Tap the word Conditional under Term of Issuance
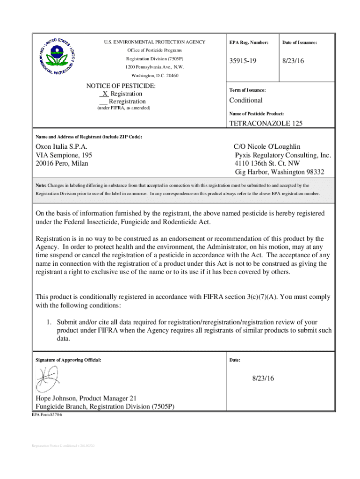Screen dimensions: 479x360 [245, 100]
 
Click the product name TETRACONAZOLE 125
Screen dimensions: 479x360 [266, 124]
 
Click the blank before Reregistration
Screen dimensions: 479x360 [104, 102]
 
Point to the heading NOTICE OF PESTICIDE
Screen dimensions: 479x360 [121, 86]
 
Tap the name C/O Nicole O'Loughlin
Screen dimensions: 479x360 [267, 146]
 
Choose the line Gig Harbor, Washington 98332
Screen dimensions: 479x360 [279, 172]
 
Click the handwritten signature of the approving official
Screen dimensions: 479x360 [47, 378]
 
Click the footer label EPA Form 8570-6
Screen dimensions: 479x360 [47, 414]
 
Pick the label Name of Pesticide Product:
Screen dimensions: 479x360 [257, 114]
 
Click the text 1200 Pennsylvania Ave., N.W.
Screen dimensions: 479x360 [154, 67]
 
